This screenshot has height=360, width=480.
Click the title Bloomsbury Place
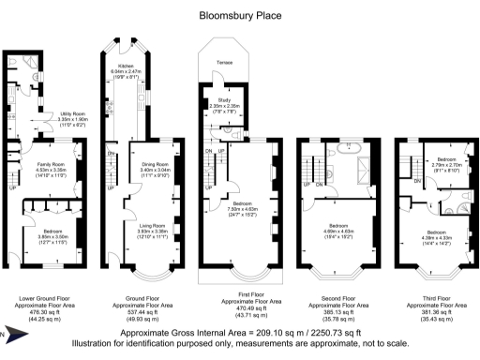(239, 15)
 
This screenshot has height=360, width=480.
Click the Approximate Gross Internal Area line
(239, 332)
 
